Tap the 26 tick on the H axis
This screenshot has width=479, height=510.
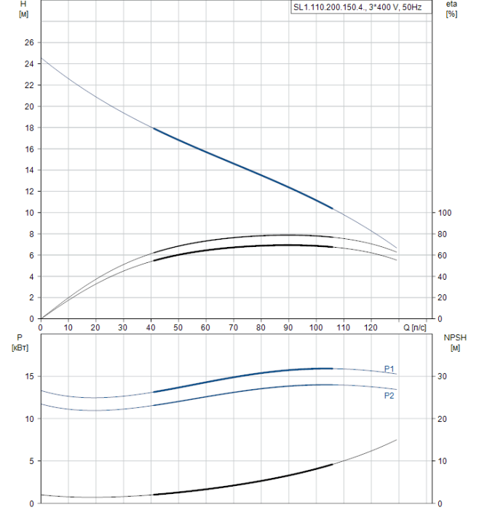tap(29, 42)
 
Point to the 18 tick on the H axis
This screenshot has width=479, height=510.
tap(29, 127)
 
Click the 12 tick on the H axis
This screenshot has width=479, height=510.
tap(29, 192)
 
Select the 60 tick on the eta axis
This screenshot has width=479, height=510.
tap(441, 255)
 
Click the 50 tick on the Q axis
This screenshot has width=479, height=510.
tap(178, 327)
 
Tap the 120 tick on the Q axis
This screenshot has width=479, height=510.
tap(371, 327)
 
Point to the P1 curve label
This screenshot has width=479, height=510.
tap(389, 368)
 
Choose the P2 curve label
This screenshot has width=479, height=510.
tap(389, 396)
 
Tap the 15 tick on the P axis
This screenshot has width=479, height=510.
tap(29, 376)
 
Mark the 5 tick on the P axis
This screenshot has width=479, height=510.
tap(31, 461)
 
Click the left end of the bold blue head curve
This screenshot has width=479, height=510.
tap(154, 128)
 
